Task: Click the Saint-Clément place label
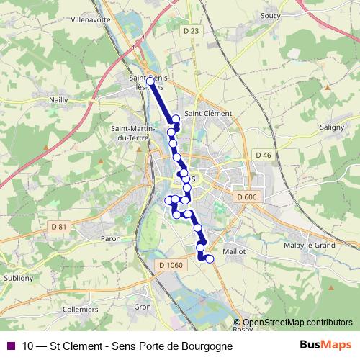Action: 208,114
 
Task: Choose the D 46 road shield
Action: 263,155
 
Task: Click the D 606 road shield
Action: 246,197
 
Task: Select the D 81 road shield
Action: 58,228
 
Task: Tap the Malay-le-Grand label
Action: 310,245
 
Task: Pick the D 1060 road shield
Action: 170,265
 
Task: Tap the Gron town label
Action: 143,307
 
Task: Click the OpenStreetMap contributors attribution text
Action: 297,323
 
